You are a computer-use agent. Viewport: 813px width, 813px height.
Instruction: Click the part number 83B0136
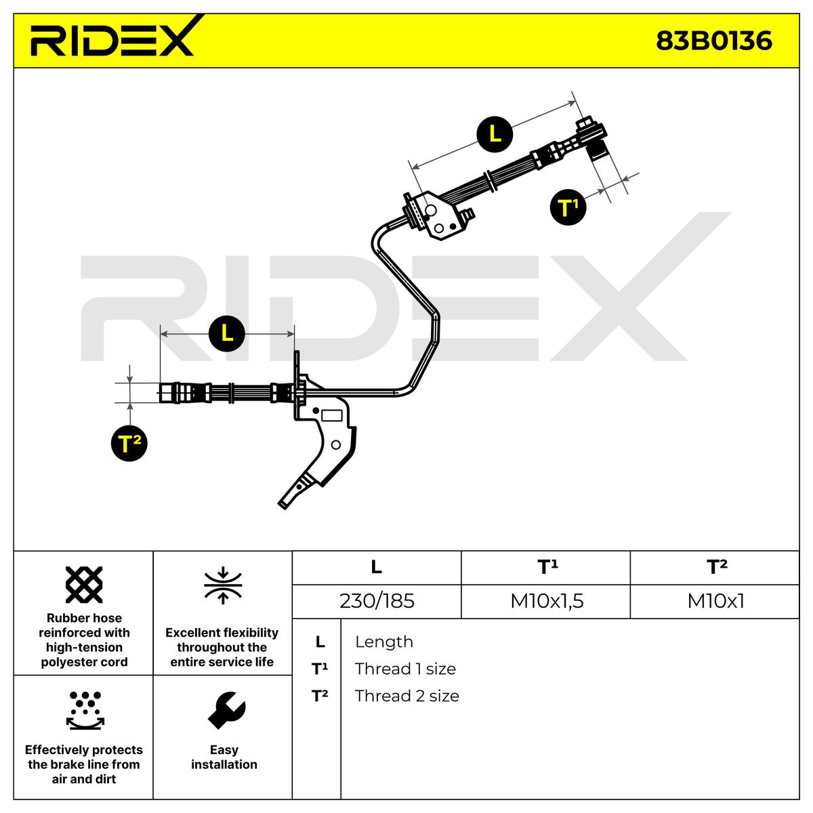pyautogui.click(x=713, y=41)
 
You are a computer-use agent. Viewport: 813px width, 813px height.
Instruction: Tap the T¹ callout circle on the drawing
pyautogui.click(x=568, y=207)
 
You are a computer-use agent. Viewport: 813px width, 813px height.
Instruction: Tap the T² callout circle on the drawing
pyautogui.click(x=129, y=443)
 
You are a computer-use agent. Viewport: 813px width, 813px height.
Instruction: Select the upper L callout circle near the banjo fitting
pyautogui.click(x=495, y=135)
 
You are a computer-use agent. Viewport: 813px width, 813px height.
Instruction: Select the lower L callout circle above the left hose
pyautogui.click(x=227, y=333)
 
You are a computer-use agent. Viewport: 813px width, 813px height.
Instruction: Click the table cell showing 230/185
pyautogui.click(x=377, y=601)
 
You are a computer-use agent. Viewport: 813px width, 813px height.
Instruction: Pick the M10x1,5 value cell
pyautogui.click(x=546, y=601)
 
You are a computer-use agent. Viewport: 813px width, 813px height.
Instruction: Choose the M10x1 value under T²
pyautogui.click(x=715, y=601)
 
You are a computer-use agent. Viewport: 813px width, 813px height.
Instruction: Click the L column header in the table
pyautogui.click(x=376, y=567)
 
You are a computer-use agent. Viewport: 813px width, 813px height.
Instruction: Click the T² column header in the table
pyautogui.click(x=716, y=567)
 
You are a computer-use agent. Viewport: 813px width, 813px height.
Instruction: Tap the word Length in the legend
pyautogui.click(x=384, y=642)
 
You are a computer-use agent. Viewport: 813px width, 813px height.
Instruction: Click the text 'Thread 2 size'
pyautogui.click(x=406, y=696)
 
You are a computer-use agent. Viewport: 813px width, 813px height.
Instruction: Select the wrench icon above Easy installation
pyautogui.click(x=226, y=710)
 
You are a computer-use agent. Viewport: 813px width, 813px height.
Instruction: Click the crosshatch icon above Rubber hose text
pyautogui.click(x=84, y=585)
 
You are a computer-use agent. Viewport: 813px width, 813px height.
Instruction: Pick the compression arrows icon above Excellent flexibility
pyautogui.click(x=223, y=585)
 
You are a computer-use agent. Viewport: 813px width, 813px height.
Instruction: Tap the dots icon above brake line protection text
pyautogui.click(x=85, y=711)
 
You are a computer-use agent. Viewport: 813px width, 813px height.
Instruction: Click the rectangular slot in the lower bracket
pyautogui.click(x=331, y=415)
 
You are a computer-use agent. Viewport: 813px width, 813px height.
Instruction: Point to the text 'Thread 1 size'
pyautogui.click(x=405, y=669)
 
